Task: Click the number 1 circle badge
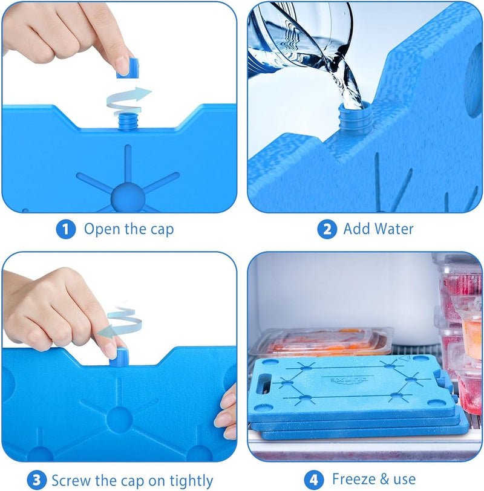click(66, 229)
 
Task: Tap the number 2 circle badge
click(327, 229)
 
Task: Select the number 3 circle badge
click(37, 480)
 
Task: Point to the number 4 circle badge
click(314, 480)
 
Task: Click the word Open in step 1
click(102, 229)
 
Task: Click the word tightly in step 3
click(191, 481)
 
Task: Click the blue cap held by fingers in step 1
click(128, 68)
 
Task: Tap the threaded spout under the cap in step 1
click(128, 122)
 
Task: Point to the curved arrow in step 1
click(128, 100)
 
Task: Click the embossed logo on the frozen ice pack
click(348, 380)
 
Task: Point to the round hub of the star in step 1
click(128, 198)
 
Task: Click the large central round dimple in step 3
click(119, 420)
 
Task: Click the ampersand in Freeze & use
click(385, 479)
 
